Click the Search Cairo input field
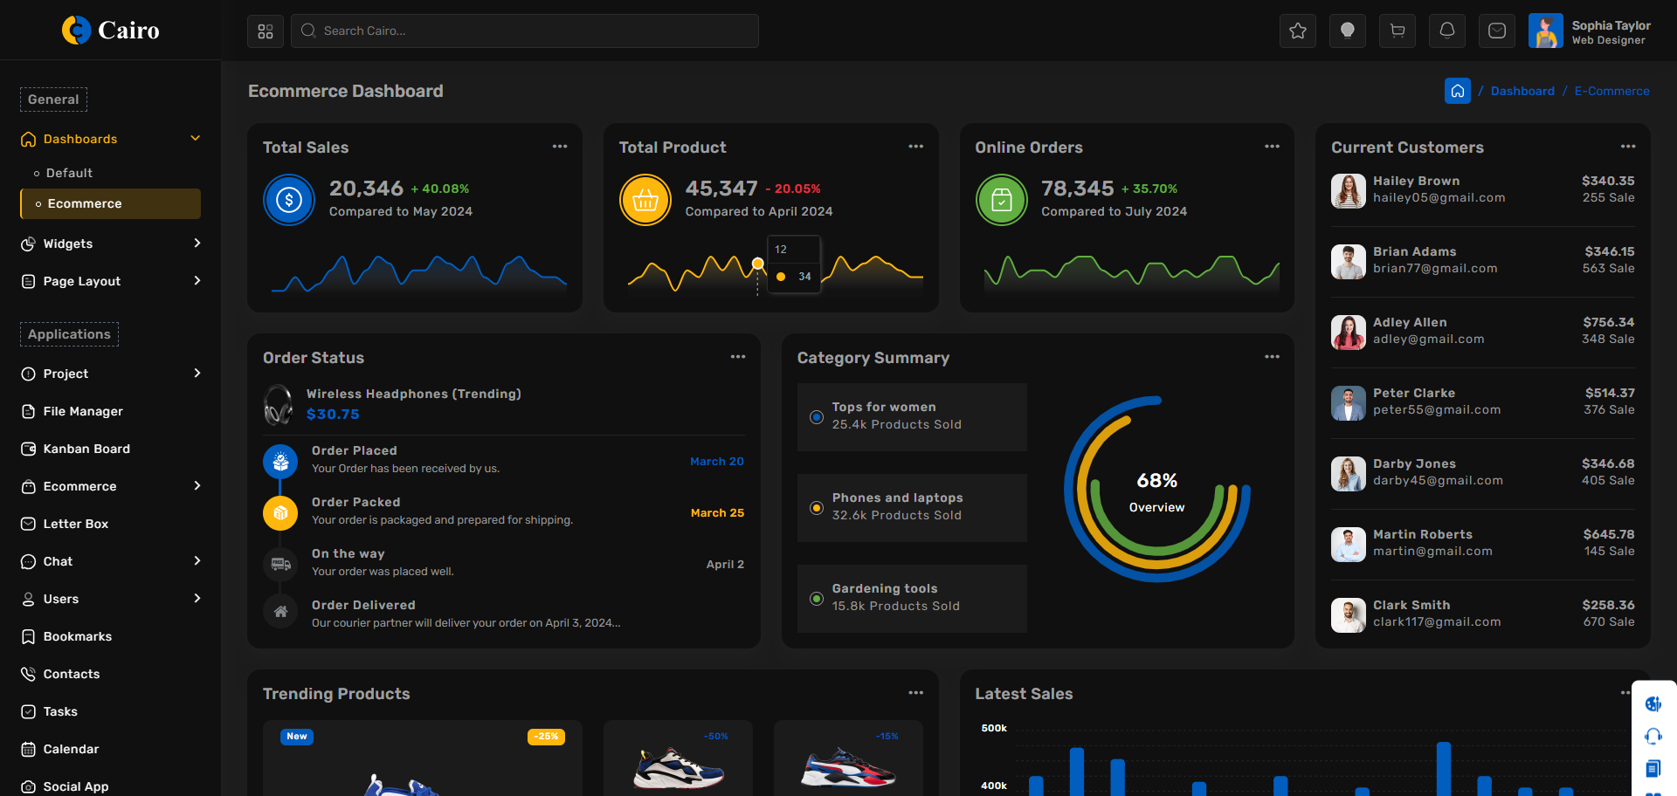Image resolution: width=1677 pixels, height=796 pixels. (524, 31)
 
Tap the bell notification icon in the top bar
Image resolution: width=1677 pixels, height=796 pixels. (1447, 31)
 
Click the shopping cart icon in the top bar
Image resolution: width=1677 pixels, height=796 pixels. (1397, 31)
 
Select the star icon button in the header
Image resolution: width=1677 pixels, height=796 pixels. (1298, 31)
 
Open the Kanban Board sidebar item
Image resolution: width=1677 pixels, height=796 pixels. (86, 449)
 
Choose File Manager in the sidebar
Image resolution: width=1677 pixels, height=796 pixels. (83, 411)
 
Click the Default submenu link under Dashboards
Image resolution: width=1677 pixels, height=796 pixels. (69, 173)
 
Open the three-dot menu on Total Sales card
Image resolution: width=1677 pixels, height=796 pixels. (560, 147)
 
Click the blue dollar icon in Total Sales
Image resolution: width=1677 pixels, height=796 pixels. (289, 200)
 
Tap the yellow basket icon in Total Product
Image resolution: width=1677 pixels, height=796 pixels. (645, 200)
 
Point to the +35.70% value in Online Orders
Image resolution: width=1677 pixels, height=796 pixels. (1149, 189)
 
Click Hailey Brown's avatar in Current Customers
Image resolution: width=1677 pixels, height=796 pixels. (1349, 190)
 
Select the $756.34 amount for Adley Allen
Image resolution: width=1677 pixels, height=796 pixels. (1608, 322)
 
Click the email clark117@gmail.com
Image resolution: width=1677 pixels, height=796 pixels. (1437, 622)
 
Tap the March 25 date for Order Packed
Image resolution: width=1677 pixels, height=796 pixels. (717, 513)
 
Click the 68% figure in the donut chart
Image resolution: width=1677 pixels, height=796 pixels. (1156, 481)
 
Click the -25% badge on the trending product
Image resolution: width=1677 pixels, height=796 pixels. (546, 737)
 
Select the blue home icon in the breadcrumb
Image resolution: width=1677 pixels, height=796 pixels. (1457, 91)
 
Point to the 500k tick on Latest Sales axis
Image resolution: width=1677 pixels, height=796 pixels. (994, 728)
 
